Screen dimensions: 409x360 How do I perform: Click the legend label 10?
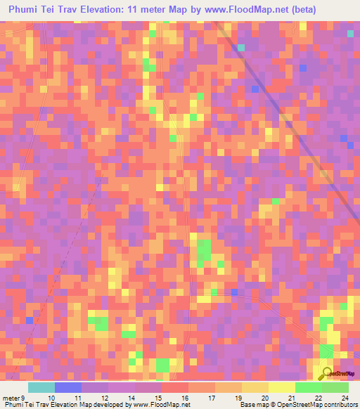(51, 397)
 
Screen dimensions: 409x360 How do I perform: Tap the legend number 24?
(345, 397)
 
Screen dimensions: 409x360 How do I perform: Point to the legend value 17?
(210, 397)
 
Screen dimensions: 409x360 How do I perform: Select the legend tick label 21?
(291, 397)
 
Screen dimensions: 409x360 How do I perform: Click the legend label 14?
(131, 397)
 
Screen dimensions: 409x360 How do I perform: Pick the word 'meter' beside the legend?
(11, 397)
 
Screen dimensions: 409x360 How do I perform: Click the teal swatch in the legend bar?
(41, 387)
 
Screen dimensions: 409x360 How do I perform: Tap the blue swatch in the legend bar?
(68, 387)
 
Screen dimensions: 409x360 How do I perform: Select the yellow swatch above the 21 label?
(282, 387)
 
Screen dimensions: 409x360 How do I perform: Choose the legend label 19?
(237, 397)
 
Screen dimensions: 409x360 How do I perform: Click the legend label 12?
(105, 397)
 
